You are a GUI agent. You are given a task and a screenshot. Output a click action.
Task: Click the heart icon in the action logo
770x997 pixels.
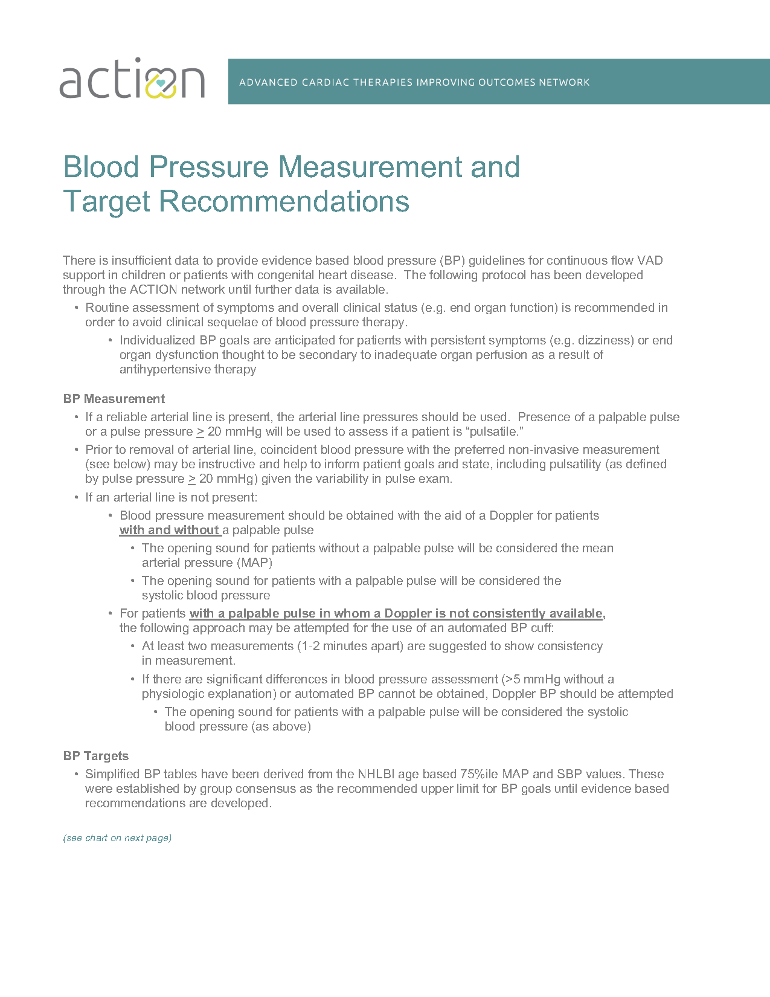pos(161,83)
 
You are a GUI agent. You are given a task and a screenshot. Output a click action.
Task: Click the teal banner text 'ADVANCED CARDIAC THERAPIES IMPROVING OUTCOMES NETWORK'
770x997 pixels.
pos(414,82)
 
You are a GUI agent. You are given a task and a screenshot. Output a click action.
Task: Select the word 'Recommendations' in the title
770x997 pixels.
pos(284,202)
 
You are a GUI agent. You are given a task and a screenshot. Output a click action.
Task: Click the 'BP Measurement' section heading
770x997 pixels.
pos(114,399)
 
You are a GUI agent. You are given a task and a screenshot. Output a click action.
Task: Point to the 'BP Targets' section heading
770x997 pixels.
pos(96,756)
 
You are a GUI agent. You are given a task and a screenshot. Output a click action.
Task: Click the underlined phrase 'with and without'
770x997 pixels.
pos(169,531)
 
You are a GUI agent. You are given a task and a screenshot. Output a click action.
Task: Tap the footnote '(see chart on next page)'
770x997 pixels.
pos(117,838)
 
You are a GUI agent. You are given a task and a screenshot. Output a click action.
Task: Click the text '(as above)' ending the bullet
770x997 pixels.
pos(281,727)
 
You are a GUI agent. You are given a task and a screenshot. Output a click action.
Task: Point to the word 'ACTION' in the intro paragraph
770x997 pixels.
pos(153,290)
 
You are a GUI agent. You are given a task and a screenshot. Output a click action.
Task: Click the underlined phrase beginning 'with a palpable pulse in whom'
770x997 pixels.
pos(397,614)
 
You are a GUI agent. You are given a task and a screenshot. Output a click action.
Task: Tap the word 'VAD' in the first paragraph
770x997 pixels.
pos(650,261)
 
